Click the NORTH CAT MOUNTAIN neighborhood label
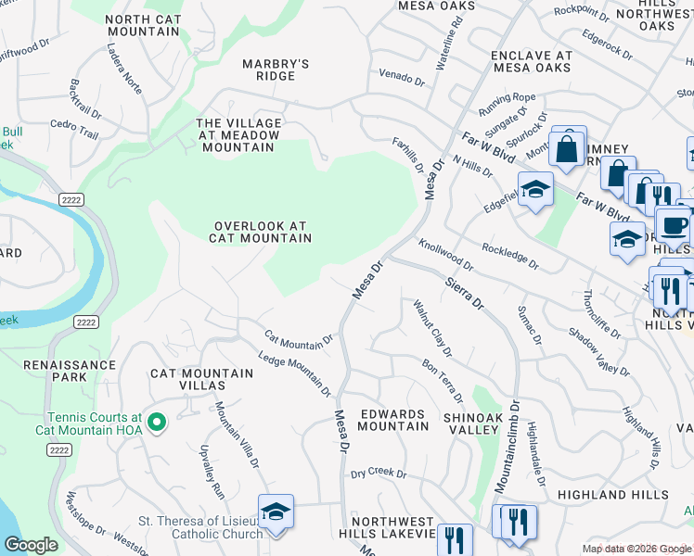click(x=142, y=26)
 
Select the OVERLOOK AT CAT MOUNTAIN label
click(x=260, y=232)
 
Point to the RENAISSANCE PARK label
click(x=70, y=371)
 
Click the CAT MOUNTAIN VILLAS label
click(x=201, y=380)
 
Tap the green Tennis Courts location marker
click(x=156, y=423)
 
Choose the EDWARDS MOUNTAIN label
click(x=392, y=420)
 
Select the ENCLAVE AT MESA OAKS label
click(x=532, y=62)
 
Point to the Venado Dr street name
click(x=401, y=75)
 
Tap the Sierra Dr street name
click(x=464, y=292)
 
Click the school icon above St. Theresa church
click(x=276, y=512)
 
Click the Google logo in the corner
click(x=31, y=545)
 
